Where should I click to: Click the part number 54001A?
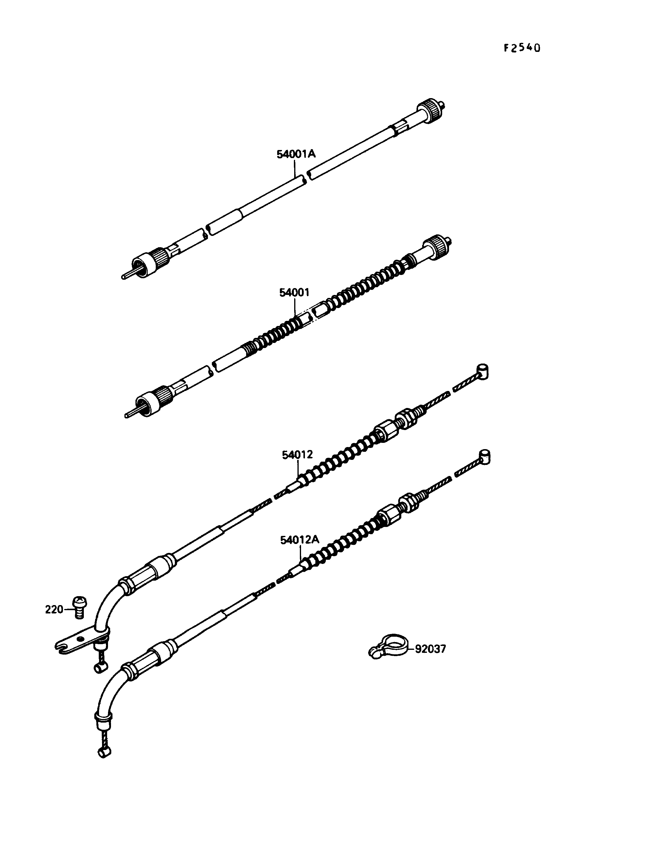click(x=296, y=154)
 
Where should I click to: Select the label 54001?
click(x=294, y=292)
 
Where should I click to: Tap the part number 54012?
click(x=297, y=454)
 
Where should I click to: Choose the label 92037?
click(x=430, y=649)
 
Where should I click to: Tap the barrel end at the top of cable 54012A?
click(x=484, y=457)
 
